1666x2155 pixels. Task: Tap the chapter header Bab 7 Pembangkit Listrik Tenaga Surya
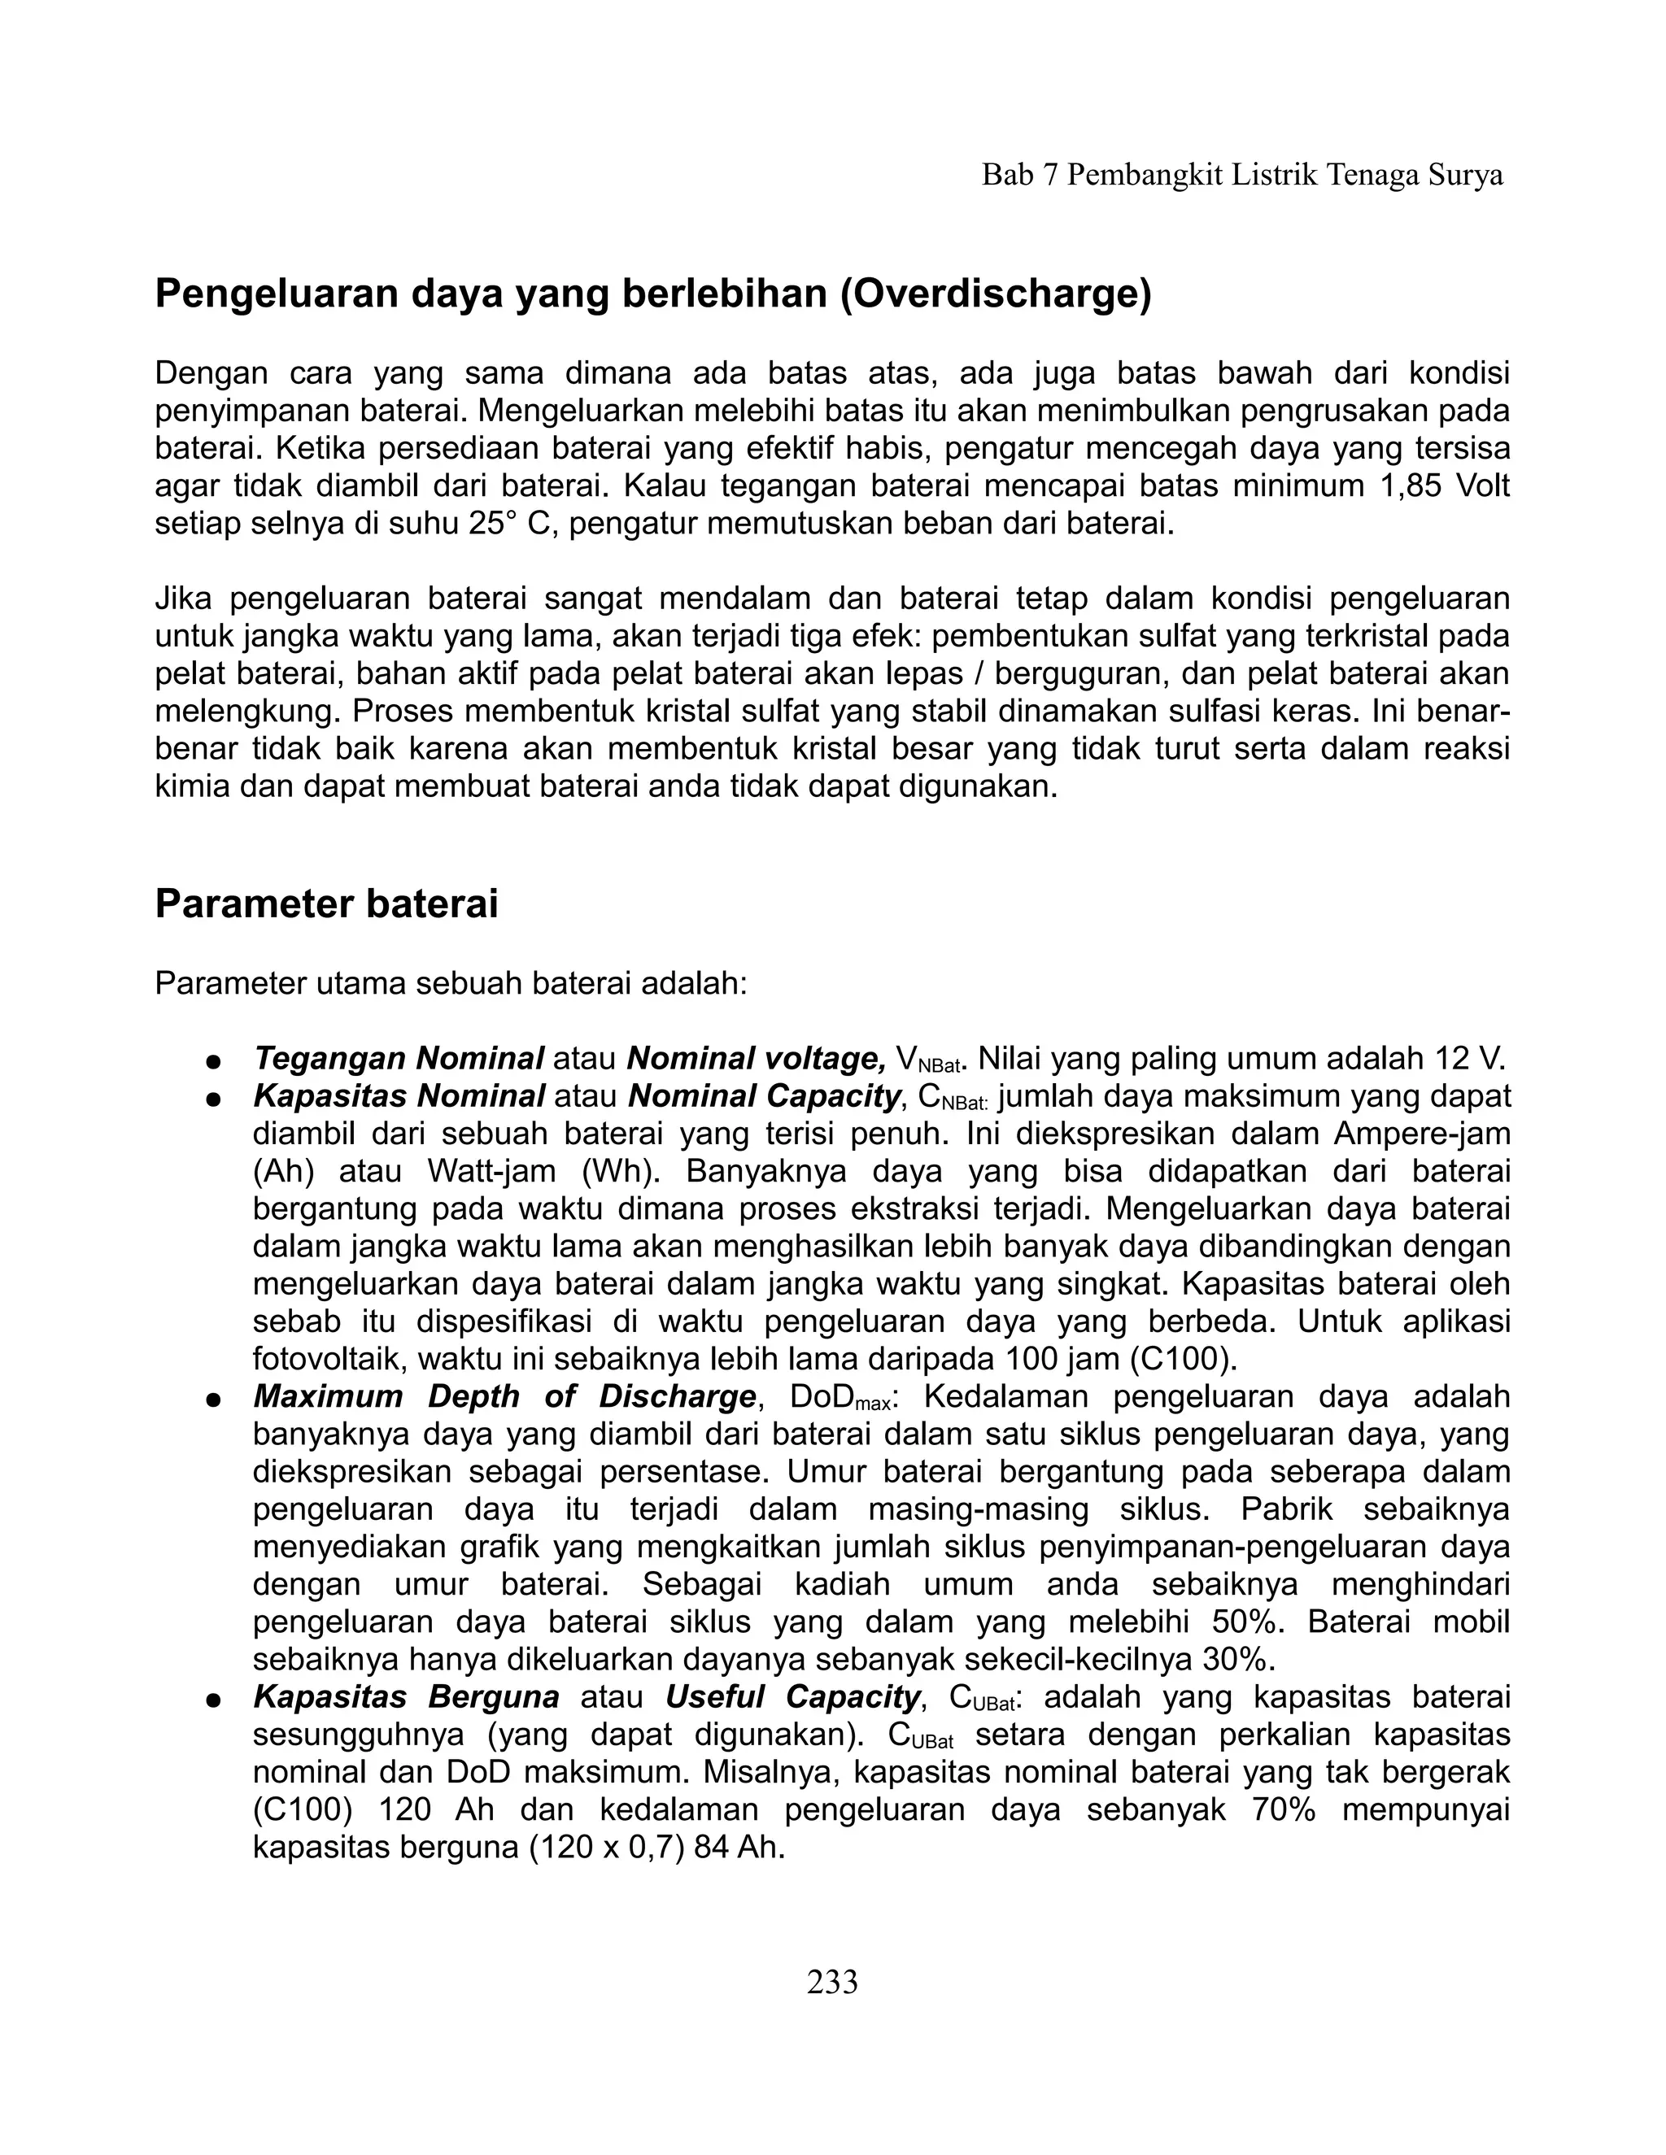point(1241,176)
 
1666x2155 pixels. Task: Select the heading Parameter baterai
point(327,903)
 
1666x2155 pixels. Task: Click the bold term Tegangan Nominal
point(399,1059)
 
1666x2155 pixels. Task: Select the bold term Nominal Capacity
point(765,1096)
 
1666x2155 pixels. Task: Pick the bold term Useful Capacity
point(792,1697)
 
